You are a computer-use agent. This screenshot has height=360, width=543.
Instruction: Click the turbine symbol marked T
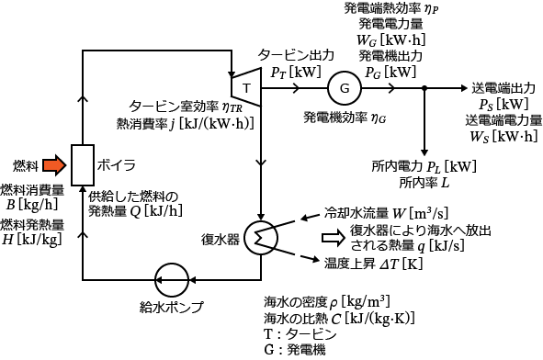pyautogui.click(x=246, y=87)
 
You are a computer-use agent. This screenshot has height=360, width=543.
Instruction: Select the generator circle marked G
pyautogui.click(x=344, y=88)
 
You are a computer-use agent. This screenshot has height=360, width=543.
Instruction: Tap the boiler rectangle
pyautogui.click(x=83, y=165)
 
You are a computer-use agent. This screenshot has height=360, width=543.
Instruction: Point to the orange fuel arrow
pyautogui.click(x=54, y=165)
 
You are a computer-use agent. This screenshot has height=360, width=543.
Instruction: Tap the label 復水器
pyautogui.click(x=221, y=239)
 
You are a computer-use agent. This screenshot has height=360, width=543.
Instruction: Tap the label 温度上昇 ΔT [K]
pyautogui.click(x=367, y=263)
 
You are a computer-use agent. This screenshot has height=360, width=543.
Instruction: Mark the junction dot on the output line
pyautogui.click(x=424, y=88)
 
